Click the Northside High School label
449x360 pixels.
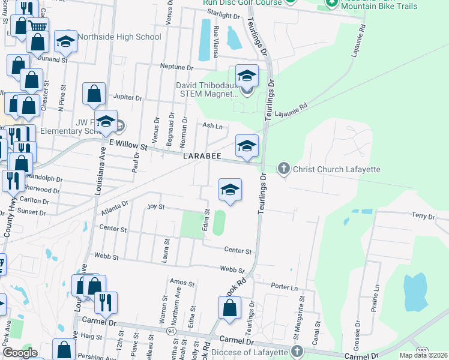[119, 37]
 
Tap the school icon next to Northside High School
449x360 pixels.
[65, 41]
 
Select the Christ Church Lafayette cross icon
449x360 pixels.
[285, 169]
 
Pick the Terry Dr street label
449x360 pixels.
[423, 216]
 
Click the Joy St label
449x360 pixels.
[156, 206]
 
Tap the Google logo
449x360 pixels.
[20, 353]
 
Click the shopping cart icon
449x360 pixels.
[37, 26]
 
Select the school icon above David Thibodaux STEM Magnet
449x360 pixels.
[246, 76]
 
